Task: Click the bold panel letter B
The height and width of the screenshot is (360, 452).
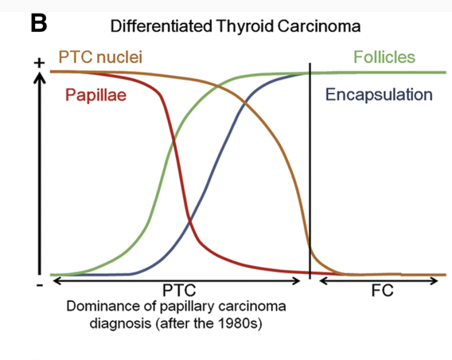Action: coord(39,23)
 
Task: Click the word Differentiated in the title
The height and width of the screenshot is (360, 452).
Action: coord(161,26)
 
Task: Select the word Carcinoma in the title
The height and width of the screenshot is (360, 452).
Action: coord(319,26)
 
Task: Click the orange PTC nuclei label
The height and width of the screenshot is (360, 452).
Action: coord(100,57)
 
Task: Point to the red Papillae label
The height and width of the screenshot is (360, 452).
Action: coord(95,96)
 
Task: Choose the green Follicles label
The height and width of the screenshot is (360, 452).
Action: coord(384,57)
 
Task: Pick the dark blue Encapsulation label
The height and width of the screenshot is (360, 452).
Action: coord(379,95)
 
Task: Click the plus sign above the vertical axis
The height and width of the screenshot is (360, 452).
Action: coord(39,63)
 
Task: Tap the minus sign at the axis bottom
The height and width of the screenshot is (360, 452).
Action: coord(40,285)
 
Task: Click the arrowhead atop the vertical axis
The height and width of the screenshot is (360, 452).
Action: coord(40,77)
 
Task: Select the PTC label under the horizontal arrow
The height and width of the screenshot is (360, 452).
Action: coord(179,290)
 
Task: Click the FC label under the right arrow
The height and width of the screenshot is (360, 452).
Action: coord(382,290)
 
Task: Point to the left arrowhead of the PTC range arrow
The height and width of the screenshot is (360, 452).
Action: coord(57,280)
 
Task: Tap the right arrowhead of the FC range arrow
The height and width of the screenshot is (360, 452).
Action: coord(434,280)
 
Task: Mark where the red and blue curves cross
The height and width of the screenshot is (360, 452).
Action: coord(189,221)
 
